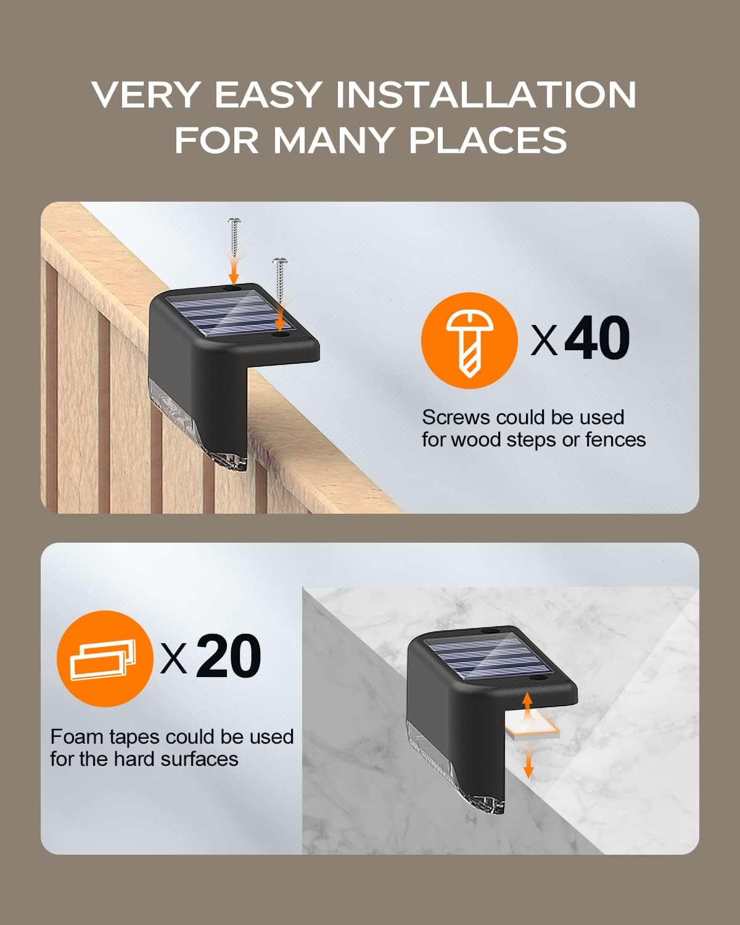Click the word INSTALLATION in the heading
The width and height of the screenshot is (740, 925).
[x=485, y=94]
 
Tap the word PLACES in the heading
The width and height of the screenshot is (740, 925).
[x=488, y=140]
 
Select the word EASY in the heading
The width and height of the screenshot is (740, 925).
[x=268, y=94]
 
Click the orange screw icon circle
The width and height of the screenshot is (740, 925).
[x=469, y=340]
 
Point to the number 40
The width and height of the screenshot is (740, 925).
[x=597, y=338]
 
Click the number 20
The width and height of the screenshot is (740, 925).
[x=228, y=656]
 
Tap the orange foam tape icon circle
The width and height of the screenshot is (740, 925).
[x=105, y=659]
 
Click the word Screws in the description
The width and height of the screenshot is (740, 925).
[x=456, y=417]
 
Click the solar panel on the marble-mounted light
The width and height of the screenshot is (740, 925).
[x=488, y=657]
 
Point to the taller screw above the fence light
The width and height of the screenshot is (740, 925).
[x=234, y=239]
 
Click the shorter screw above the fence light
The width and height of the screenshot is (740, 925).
[x=280, y=279]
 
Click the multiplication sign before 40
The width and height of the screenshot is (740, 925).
[x=544, y=341]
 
